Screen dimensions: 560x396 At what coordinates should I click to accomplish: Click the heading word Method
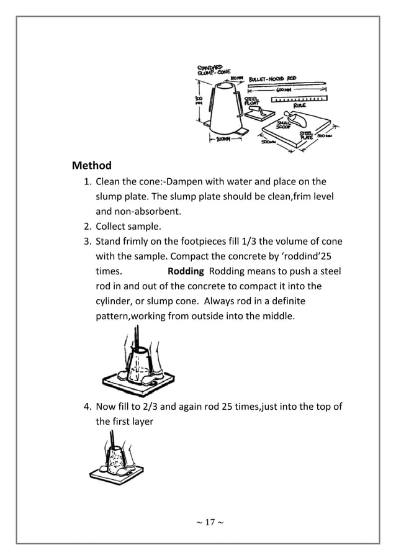(x=92, y=166)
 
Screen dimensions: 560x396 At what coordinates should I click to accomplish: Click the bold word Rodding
(x=186, y=272)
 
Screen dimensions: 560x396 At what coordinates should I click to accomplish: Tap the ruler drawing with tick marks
(x=300, y=99)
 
